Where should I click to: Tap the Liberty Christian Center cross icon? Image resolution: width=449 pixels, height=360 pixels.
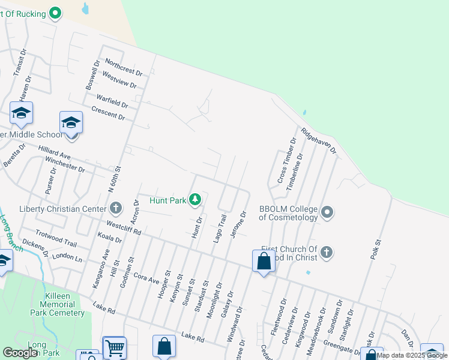point(116,209)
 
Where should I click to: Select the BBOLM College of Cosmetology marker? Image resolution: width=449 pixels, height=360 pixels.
point(327,212)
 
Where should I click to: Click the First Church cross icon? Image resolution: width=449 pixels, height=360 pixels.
point(326,253)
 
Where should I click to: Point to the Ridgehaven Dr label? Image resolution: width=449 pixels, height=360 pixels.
point(319,143)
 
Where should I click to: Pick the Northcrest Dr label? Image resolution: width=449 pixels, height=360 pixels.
point(123,67)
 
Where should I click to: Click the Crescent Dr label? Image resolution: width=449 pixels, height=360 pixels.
point(108,113)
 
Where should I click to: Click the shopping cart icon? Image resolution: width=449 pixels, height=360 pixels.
point(114,347)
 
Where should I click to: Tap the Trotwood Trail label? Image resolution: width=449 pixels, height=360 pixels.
point(56,238)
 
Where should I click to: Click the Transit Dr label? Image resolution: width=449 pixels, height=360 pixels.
point(19,62)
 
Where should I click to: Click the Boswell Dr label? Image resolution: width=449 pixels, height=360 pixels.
point(91,75)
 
